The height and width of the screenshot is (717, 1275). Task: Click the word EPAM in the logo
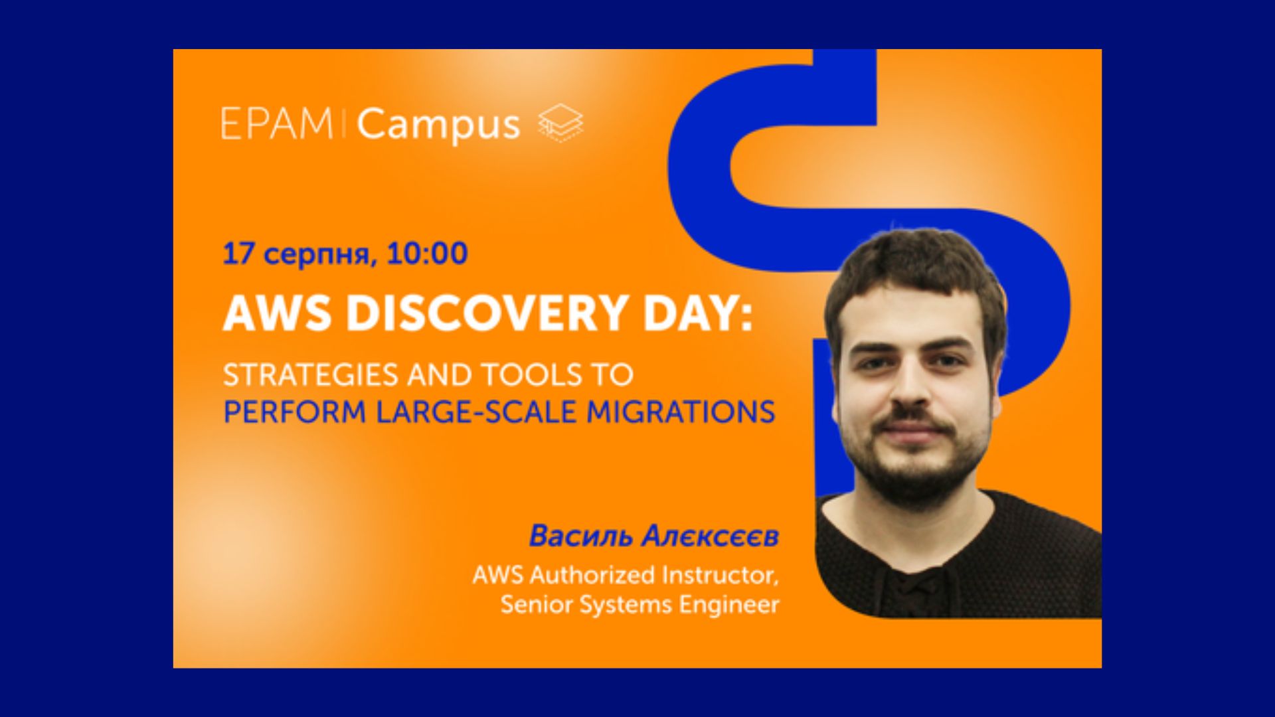[x=277, y=123]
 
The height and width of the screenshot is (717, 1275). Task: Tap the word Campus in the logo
[x=438, y=126]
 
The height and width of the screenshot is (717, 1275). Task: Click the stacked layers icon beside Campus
[x=560, y=123]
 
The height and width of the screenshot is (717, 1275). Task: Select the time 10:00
[x=427, y=254]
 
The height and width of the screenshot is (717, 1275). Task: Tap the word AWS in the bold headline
[x=277, y=313]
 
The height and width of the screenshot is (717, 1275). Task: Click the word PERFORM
[x=295, y=412]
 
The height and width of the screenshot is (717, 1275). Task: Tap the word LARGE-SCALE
[x=476, y=412]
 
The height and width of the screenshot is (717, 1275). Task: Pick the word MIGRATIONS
[x=681, y=412]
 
